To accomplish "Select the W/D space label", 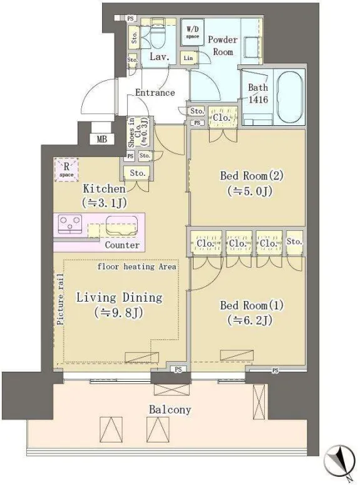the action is tap(193, 33).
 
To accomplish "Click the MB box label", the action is tap(102, 139).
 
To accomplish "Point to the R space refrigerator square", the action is tap(66, 170).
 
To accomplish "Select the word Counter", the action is tap(122, 245).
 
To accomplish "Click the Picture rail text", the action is tap(60, 299).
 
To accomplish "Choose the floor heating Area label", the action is tap(136, 267).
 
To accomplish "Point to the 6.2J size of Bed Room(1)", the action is tap(250, 320).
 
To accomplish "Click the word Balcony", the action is tap(170, 410).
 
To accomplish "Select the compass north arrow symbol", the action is tap(340, 459).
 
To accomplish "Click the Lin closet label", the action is tap(188, 58).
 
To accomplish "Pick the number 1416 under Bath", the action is tap(259, 100).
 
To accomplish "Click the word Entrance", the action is tap(155, 93).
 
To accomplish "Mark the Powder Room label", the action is tap(223, 46).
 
